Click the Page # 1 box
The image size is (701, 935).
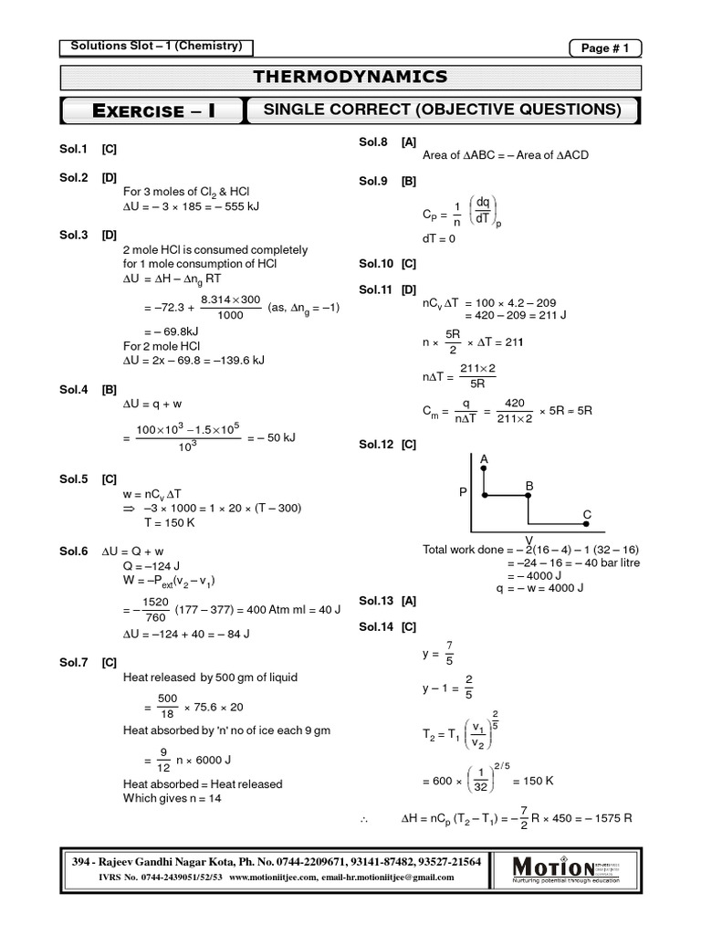pyautogui.click(x=605, y=48)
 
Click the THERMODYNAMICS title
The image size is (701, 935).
pyautogui.click(x=350, y=77)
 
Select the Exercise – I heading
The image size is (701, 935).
pyautogui.click(x=153, y=111)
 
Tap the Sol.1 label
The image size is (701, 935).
pyautogui.click(x=73, y=147)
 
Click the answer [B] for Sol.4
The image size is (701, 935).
pyautogui.click(x=109, y=388)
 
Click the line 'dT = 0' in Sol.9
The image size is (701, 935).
pyautogui.click(x=439, y=238)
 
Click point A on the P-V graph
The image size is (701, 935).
pyautogui.click(x=483, y=458)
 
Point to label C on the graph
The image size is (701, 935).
pyautogui.click(x=587, y=515)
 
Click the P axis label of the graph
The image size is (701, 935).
pyautogui.click(x=463, y=491)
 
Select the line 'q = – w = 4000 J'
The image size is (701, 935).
pyautogui.click(x=539, y=588)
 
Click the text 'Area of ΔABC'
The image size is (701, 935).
pyautogui.click(x=464, y=155)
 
